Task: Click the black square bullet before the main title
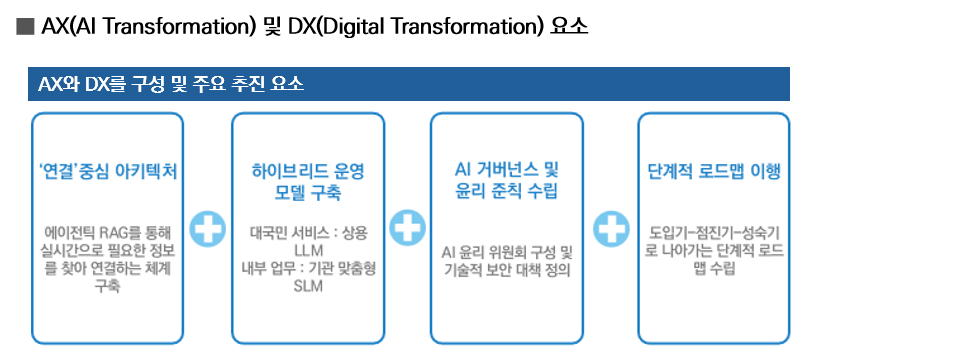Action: [x=25, y=27]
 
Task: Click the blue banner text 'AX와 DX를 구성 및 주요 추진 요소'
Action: [x=171, y=84]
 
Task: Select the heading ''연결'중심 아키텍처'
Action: [x=107, y=171]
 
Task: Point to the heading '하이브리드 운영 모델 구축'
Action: [x=308, y=182]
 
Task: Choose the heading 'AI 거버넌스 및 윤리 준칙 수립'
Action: [x=506, y=181]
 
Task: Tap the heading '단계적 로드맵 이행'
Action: [x=714, y=171]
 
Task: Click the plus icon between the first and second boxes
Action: [x=207, y=229]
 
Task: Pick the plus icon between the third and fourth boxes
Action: [x=611, y=228]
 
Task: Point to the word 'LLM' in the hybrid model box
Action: [x=308, y=251]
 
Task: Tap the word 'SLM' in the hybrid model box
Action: [x=308, y=287]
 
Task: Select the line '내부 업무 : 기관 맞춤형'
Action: [x=308, y=269]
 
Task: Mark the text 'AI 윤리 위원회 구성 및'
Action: [x=507, y=252]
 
